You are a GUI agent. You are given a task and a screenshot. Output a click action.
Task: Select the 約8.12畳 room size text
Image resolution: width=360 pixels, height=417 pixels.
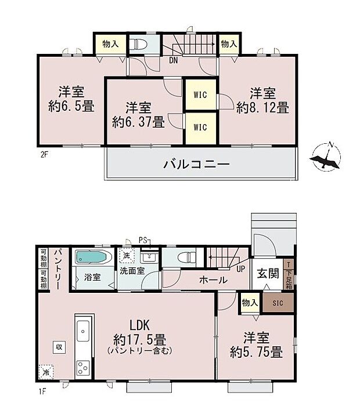coord(262,107)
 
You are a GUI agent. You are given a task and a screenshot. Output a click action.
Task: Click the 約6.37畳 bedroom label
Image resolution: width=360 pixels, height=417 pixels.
coord(138,122)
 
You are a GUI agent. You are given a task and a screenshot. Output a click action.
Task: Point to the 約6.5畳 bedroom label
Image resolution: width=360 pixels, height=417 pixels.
coord(71,106)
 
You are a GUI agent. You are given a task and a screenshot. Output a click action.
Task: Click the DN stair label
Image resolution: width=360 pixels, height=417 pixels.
coord(173,59)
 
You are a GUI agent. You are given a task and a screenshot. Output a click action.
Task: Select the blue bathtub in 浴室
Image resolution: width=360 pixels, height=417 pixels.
coord(92,257)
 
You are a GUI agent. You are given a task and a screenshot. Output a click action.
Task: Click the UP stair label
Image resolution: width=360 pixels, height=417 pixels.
coord(240,269)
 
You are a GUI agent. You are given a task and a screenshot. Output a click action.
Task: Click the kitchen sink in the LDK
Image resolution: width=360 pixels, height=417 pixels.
coord(82,330)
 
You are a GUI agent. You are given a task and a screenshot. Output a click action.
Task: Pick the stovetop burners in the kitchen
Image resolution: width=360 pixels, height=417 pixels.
coord(82,367)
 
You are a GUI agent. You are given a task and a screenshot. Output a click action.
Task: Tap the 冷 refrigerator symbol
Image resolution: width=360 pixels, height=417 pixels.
coord(45,370)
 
